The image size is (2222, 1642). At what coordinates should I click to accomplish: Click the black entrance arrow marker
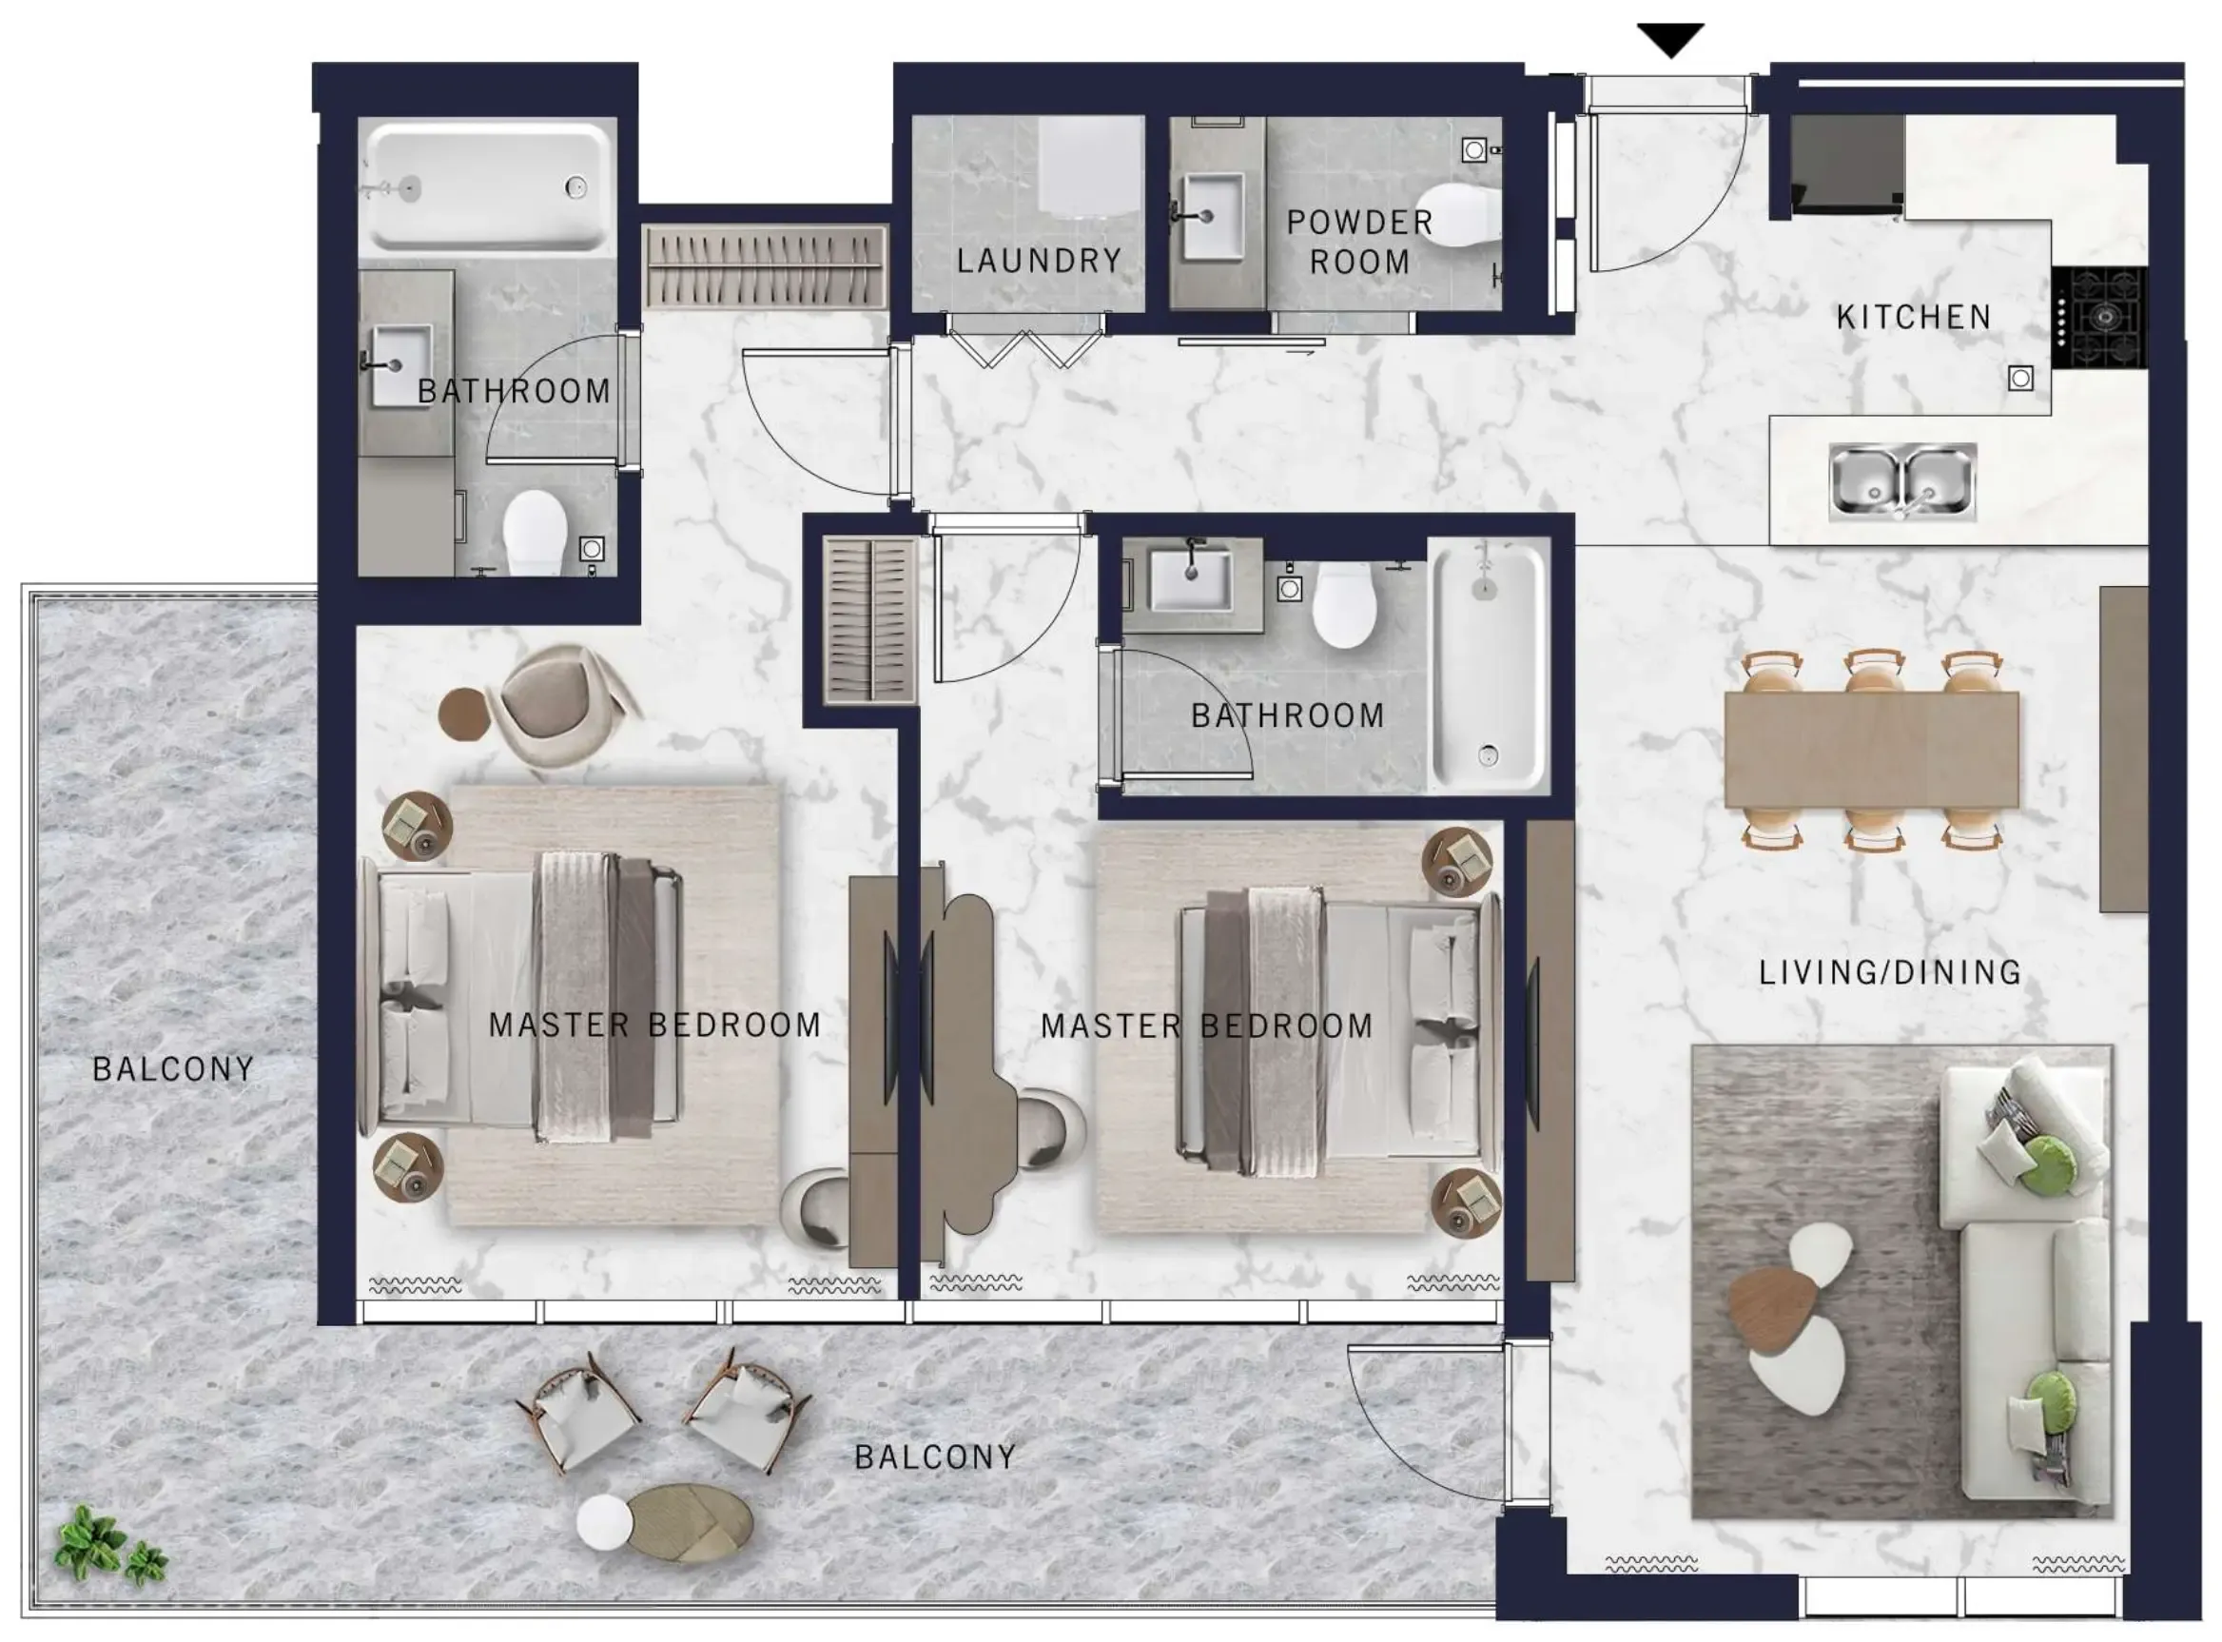coord(1670,40)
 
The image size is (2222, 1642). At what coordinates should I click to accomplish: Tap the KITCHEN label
coord(1913,317)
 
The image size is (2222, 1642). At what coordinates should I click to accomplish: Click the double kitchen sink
coord(1902,482)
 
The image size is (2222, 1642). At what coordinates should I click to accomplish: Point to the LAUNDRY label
coord(1039,262)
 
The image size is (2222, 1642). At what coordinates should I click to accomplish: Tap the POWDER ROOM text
coord(1359,242)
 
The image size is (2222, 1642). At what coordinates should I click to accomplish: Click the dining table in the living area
coord(1871,750)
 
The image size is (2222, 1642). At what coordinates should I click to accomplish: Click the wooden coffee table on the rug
coord(1773,1309)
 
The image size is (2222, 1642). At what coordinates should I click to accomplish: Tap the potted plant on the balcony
coord(107,1546)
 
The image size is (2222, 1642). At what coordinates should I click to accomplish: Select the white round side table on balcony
coord(603,1521)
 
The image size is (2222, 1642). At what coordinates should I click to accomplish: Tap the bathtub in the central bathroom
coord(1488,666)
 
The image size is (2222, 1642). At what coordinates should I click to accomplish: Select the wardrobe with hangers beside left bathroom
coord(763,266)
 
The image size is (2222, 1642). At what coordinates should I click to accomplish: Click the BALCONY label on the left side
coord(173,1069)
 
